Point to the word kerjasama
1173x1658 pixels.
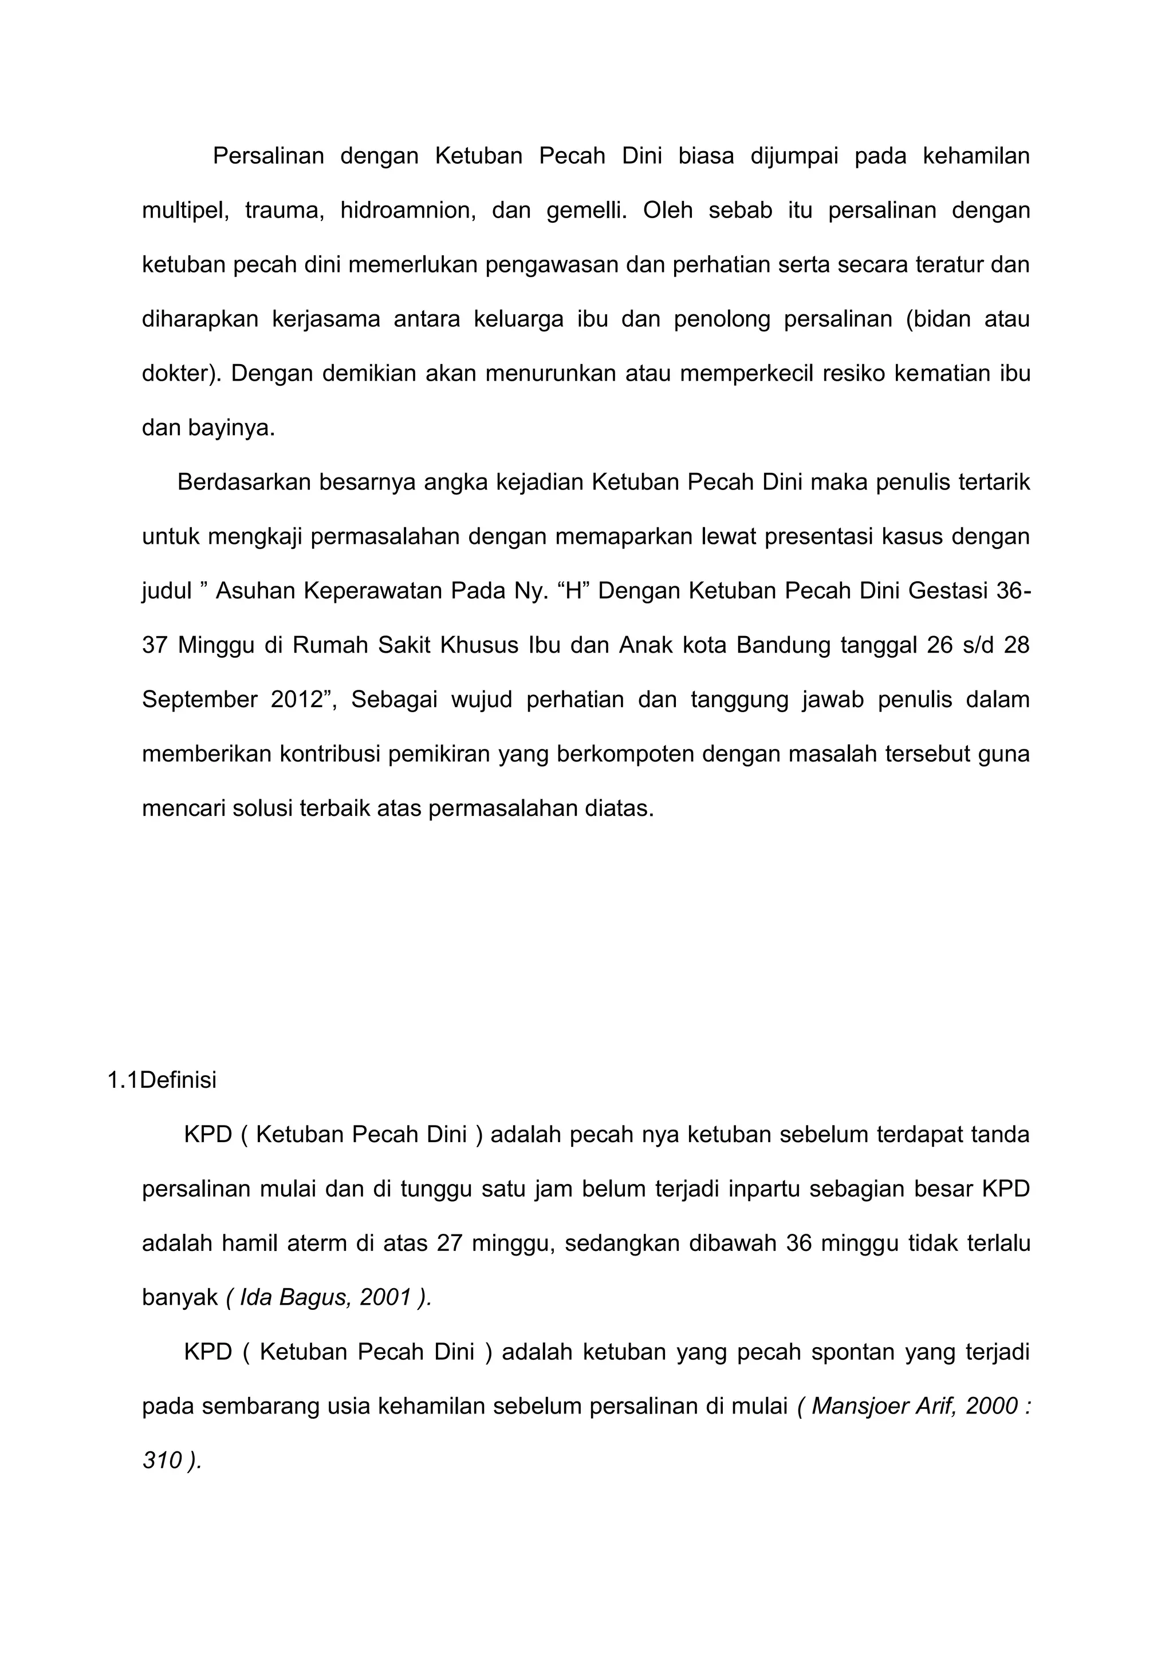326,319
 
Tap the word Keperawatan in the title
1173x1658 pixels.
371,591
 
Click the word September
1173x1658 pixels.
199,699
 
